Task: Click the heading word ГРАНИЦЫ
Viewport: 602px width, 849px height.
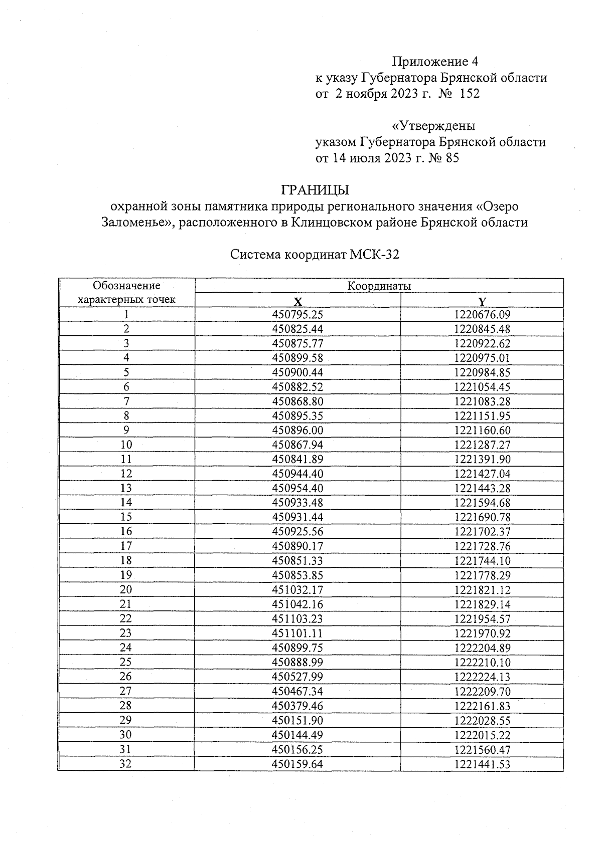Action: tap(315, 190)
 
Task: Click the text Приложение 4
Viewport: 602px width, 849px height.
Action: tap(434, 62)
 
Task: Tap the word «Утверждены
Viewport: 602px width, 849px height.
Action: tap(433, 126)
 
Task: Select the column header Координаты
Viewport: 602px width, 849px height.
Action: tap(379, 286)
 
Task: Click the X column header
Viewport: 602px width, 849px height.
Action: tap(297, 301)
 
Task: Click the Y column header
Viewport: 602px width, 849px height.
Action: tap(482, 301)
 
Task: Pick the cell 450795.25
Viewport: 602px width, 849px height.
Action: tap(297, 315)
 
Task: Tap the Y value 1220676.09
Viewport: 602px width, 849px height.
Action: tap(482, 315)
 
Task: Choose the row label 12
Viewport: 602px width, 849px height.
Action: tap(126, 474)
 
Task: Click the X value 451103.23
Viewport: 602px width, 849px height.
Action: tap(297, 619)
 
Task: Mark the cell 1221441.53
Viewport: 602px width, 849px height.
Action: tap(482, 764)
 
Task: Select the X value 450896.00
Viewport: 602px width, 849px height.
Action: tap(297, 431)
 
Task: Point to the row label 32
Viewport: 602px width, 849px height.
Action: tap(126, 764)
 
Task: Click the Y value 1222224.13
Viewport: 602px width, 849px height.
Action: tap(482, 677)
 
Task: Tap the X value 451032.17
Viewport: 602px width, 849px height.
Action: tap(297, 590)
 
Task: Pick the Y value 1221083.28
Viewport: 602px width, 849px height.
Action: tap(482, 401)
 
